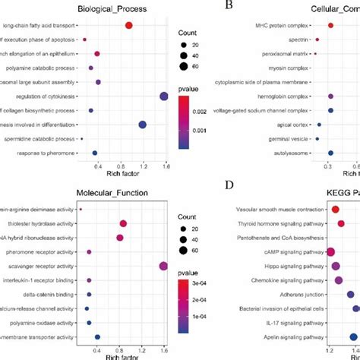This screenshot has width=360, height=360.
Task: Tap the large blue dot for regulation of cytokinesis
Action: (163, 96)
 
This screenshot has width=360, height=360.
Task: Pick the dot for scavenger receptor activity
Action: (163, 266)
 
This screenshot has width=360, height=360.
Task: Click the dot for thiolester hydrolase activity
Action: (124, 223)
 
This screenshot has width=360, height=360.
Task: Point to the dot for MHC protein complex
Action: (330, 26)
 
